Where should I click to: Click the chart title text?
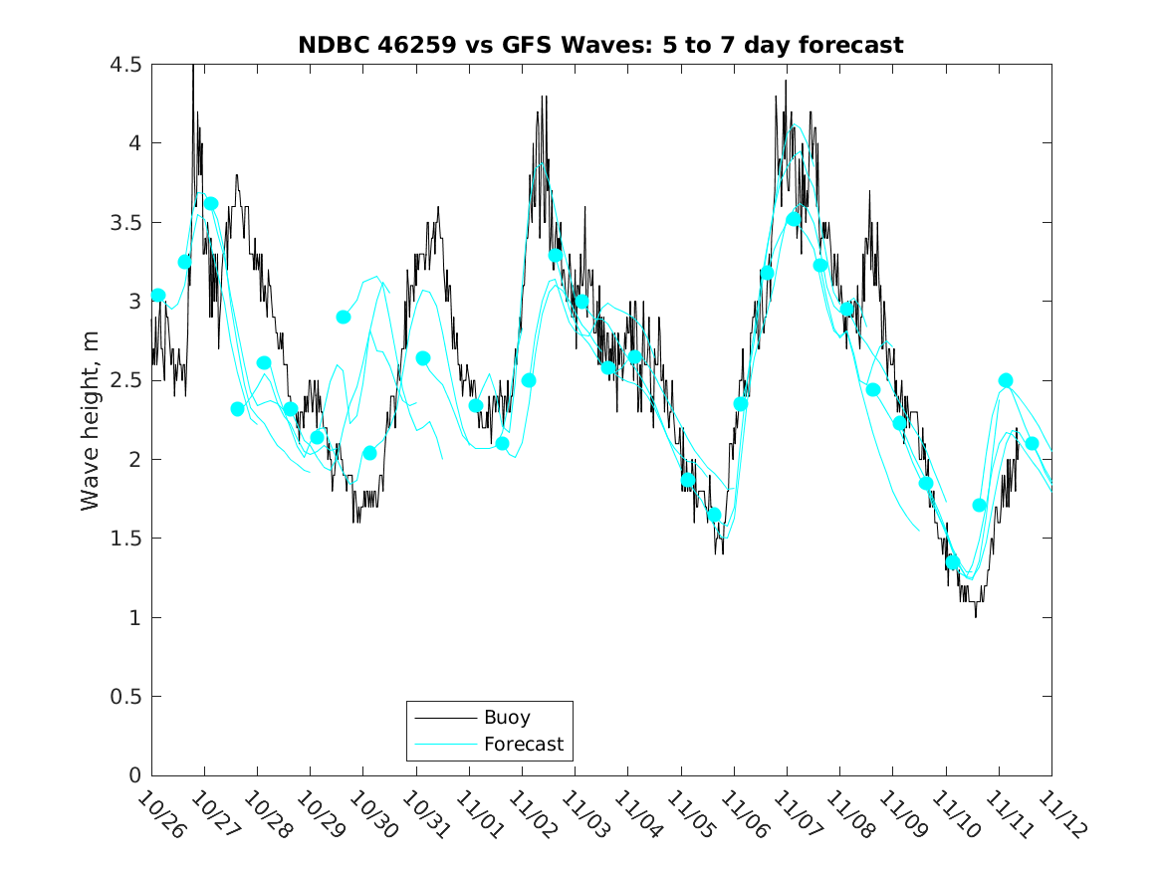pos(600,45)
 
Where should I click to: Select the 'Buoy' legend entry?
pos(507,717)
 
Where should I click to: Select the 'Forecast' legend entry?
pos(523,744)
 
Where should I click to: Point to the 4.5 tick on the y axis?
pos(126,65)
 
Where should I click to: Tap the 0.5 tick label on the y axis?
pos(126,697)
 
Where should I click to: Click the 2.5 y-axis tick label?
pos(126,380)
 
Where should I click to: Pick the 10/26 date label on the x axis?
pos(159,816)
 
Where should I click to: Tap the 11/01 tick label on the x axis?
pos(477,816)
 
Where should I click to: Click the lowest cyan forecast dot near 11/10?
pos(953,562)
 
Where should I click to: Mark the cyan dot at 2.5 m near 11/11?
pos(1006,380)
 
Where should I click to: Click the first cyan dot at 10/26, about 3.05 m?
pos(158,295)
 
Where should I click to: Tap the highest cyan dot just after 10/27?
pos(211,203)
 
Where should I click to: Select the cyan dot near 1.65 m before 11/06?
pos(714,515)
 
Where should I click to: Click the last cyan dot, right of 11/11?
pos(1032,444)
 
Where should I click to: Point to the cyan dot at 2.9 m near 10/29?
pos(344,317)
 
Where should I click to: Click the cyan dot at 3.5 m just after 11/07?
pos(794,219)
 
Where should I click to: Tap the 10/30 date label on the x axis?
pos(370,816)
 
